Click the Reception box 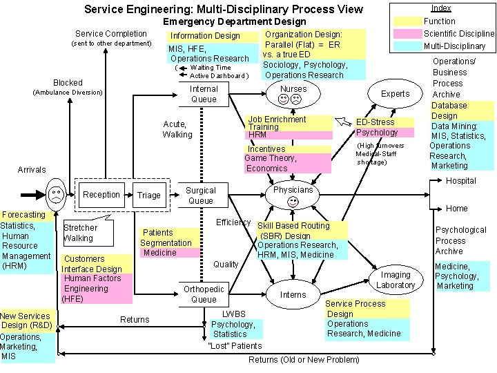point(102,195)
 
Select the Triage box point(148,195)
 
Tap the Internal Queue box point(204,94)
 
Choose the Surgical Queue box point(201,195)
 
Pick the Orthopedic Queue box point(204,294)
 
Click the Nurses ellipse point(293,95)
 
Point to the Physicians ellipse point(293,195)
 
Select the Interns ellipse point(293,295)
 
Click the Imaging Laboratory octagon point(396,280)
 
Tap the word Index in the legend point(441,8)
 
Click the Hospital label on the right point(460,181)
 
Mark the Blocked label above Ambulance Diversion point(68,82)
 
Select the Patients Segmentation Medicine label point(166,242)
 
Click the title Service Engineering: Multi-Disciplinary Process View point(223,9)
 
